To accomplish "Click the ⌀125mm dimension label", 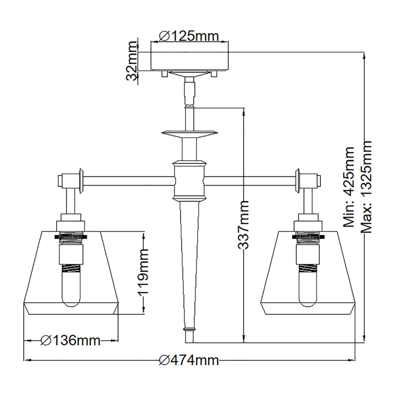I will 189,35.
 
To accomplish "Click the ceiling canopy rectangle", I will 189,61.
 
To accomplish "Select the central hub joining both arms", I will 189,180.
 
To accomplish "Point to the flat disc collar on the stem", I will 189,133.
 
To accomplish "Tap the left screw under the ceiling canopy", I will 164,74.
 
